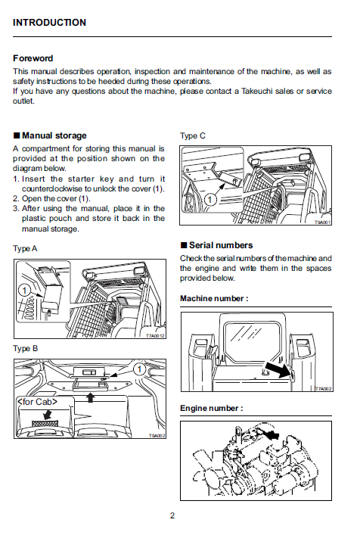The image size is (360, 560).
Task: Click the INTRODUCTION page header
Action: [49, 23]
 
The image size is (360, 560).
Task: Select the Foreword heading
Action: [33, 58]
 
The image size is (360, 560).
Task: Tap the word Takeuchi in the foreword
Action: [257, 91]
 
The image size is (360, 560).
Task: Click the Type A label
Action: [25, 248]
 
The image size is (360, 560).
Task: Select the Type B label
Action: [25, 348]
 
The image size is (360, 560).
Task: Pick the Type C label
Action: [193, 135]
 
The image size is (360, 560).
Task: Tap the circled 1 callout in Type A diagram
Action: [24, 291]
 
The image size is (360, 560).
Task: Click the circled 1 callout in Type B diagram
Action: [139, 369]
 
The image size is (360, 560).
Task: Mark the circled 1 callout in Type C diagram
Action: [209, 200]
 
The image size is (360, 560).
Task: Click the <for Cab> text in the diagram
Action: [37, 402]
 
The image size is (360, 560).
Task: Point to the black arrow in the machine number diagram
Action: [278, 369]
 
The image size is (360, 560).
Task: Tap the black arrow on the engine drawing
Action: [270, 434]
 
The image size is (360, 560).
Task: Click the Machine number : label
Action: [214, 298]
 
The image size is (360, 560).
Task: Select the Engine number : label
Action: [212, 408]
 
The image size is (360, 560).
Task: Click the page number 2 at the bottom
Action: [172, 515]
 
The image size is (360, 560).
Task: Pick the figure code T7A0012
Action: [155, 335]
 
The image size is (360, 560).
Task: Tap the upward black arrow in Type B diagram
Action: [91, 397]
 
